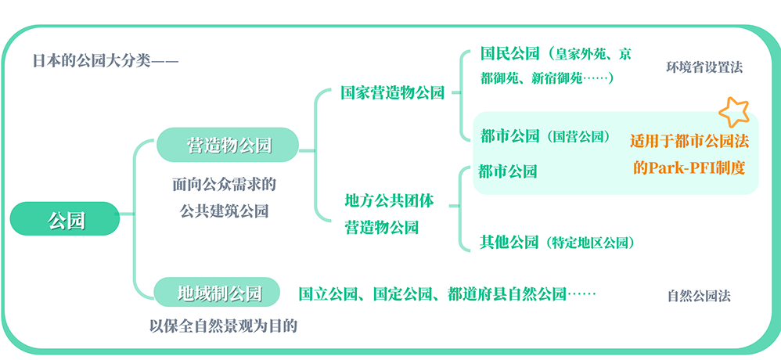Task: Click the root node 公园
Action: tap(65, 219)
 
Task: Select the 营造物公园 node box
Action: tap(228, 145)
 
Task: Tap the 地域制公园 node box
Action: tap(217, 293)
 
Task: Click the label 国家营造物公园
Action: tap(392, 92)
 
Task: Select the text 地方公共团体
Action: tap(389, 200)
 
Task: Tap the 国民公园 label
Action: tap(510, 54)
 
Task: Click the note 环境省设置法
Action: tap(704, 67)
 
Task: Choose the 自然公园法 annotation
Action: tap(699, 297)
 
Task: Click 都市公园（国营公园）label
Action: tap(545, 136)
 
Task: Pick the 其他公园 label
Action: tap(509, 242)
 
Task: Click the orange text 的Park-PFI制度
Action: tap(689, 167)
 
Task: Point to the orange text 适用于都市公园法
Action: tap(689, 142)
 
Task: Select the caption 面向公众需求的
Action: tap(225, 185)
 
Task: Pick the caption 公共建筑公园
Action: tap(225, 210)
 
